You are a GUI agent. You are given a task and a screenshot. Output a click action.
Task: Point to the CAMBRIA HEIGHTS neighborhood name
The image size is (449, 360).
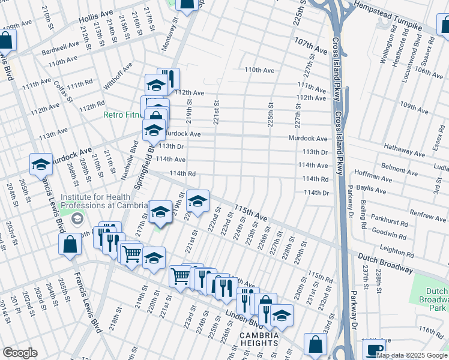point(259,338)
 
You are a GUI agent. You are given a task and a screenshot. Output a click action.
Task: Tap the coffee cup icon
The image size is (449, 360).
point(373,349)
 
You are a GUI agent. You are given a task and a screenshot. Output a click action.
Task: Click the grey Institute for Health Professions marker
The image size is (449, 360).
point(76,219)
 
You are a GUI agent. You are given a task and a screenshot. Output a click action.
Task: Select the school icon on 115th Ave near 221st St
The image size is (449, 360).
point(197,200)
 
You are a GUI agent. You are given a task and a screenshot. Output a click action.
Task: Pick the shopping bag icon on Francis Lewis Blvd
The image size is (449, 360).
point(70,245)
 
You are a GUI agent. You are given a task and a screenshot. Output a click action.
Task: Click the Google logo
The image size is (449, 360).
point(20,353)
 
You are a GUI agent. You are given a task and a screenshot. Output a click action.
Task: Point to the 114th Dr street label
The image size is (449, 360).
point(317,193)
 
